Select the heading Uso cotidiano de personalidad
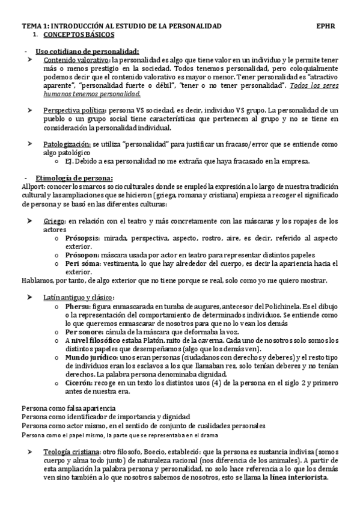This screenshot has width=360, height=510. tap(87, 51)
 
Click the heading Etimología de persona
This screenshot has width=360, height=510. tap(74, 178)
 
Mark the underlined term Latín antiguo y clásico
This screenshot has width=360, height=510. tap(79, 298)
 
